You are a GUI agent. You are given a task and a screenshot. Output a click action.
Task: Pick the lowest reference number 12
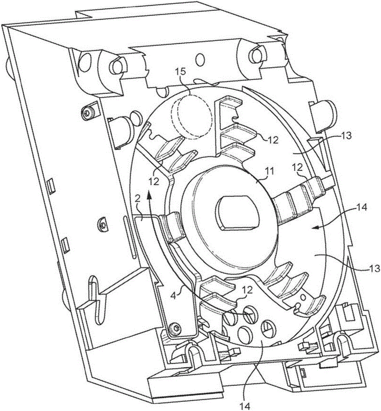[248, 290]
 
